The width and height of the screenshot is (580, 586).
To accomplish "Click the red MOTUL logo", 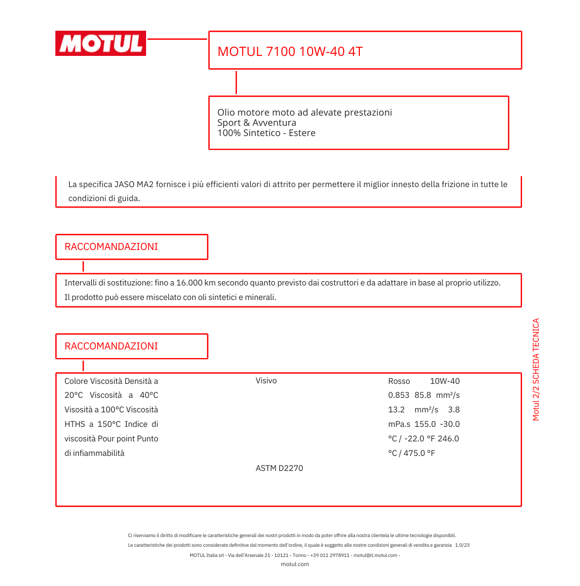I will (x=100, y=43).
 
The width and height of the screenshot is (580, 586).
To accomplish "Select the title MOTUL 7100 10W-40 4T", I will (x=290, y=52).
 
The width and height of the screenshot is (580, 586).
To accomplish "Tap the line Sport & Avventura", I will (x=257, y=123).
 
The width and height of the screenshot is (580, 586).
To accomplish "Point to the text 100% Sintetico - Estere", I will (x=266, y=133).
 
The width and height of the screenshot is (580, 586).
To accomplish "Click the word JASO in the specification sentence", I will (x=125, y=184).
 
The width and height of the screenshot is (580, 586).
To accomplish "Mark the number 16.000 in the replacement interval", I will (x=190, y=283).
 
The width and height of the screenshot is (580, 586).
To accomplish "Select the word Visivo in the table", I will (x=266, y=381).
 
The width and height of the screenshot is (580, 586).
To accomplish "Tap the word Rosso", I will (x=399, y=381).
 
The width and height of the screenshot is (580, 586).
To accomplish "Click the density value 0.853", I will (x=398, y=395).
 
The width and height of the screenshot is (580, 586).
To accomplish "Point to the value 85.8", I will (x=423, y=395).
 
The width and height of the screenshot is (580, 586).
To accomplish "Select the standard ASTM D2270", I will (x=279, y=468).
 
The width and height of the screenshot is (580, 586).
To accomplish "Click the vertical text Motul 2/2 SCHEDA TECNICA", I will (x=535, y=369).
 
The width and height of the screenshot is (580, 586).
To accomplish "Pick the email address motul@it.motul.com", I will (x=375, y=555).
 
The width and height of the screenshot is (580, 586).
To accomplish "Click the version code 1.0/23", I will (x=462, y=545).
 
